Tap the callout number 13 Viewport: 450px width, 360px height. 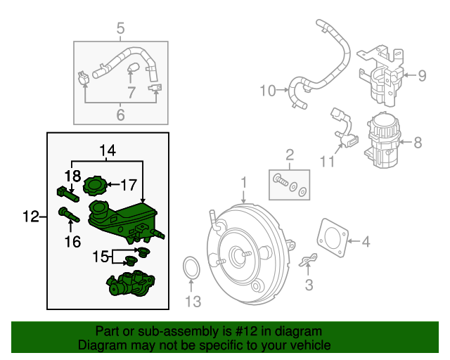tap(193, 302)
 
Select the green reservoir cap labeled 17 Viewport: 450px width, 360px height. tap(93, 186)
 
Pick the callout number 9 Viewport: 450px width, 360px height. tap(421, 75)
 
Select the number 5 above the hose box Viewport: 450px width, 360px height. tap(120, 29)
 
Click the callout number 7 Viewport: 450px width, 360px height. tap(131, 92)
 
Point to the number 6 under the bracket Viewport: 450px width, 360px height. tap(120, 115)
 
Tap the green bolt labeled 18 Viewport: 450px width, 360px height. tap(64, 191)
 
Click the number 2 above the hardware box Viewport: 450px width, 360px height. tap(289, 155)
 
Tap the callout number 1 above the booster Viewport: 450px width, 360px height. tap(243, 184)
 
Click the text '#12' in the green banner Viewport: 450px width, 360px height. tap(266, 331)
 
